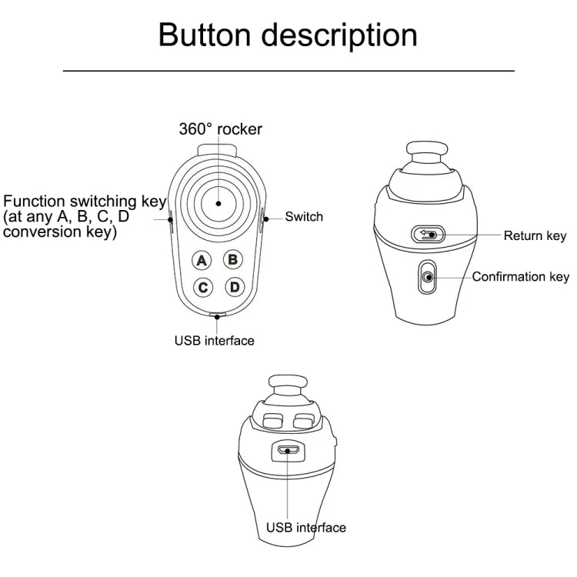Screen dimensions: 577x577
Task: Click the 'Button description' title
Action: (288, 35)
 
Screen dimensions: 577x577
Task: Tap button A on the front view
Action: (202, 261)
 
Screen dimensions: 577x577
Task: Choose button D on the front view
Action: (234, 287)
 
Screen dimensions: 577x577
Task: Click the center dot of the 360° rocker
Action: (218, 204)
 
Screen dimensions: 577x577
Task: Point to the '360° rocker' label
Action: (220, 129)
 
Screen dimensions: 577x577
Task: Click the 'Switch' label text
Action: (304, 216)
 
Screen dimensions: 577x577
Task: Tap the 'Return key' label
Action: (535, 235)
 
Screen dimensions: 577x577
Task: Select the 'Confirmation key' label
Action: (520, 277)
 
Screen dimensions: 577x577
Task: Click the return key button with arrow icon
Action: (428, 234)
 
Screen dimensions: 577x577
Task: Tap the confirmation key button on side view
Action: (427, 278)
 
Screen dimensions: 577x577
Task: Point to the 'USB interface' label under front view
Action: (214, 340)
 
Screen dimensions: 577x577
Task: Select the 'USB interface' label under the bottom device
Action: (305, 528)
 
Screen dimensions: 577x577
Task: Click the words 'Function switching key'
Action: (85, 202)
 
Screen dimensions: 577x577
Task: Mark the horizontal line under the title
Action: (288, 71)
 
